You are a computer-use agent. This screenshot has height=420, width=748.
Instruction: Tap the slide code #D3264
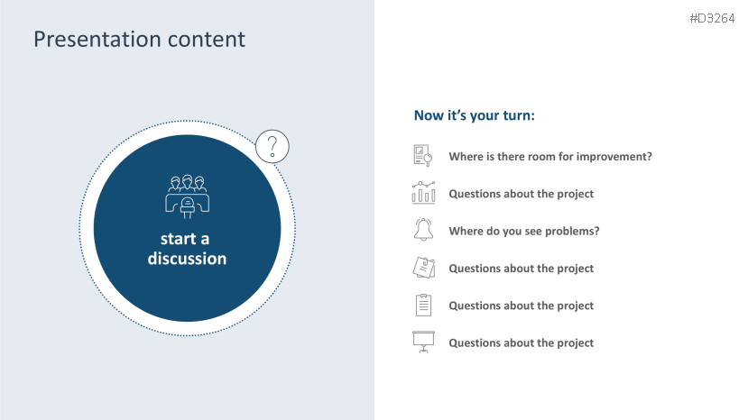(x=712, y=19)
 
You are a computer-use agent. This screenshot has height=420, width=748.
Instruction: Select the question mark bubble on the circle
(x=272, y=146)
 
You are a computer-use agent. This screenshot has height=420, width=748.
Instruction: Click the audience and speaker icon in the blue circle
(x=188, y=196)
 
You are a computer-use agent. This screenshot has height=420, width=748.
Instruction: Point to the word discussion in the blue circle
(x=187, y=259)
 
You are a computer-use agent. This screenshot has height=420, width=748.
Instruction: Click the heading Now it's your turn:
(x=475, y=115)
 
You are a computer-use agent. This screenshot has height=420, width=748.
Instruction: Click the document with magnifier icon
(x=423, y=156)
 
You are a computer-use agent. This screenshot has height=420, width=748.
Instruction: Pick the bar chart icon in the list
(x=423, y=193)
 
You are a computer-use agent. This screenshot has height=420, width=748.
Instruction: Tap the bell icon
(x=423, y=230)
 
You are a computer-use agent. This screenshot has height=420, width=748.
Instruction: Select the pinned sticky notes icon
(x=423, y=268)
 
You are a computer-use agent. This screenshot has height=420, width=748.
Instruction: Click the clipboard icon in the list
(x=423, y=306)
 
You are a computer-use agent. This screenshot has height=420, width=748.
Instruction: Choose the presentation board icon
(x=423, y=342)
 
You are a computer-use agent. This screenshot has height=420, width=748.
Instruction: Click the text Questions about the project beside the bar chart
(x=521, y=194)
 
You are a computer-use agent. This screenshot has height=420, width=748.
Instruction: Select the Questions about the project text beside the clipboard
(x=521, y=306)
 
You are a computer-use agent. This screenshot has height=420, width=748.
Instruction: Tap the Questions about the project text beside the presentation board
(x=521, y=342)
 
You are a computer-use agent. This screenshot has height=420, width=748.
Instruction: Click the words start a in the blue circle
(x=185, y=239)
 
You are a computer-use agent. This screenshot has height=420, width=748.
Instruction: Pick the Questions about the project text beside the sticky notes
(x=521, y=269)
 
